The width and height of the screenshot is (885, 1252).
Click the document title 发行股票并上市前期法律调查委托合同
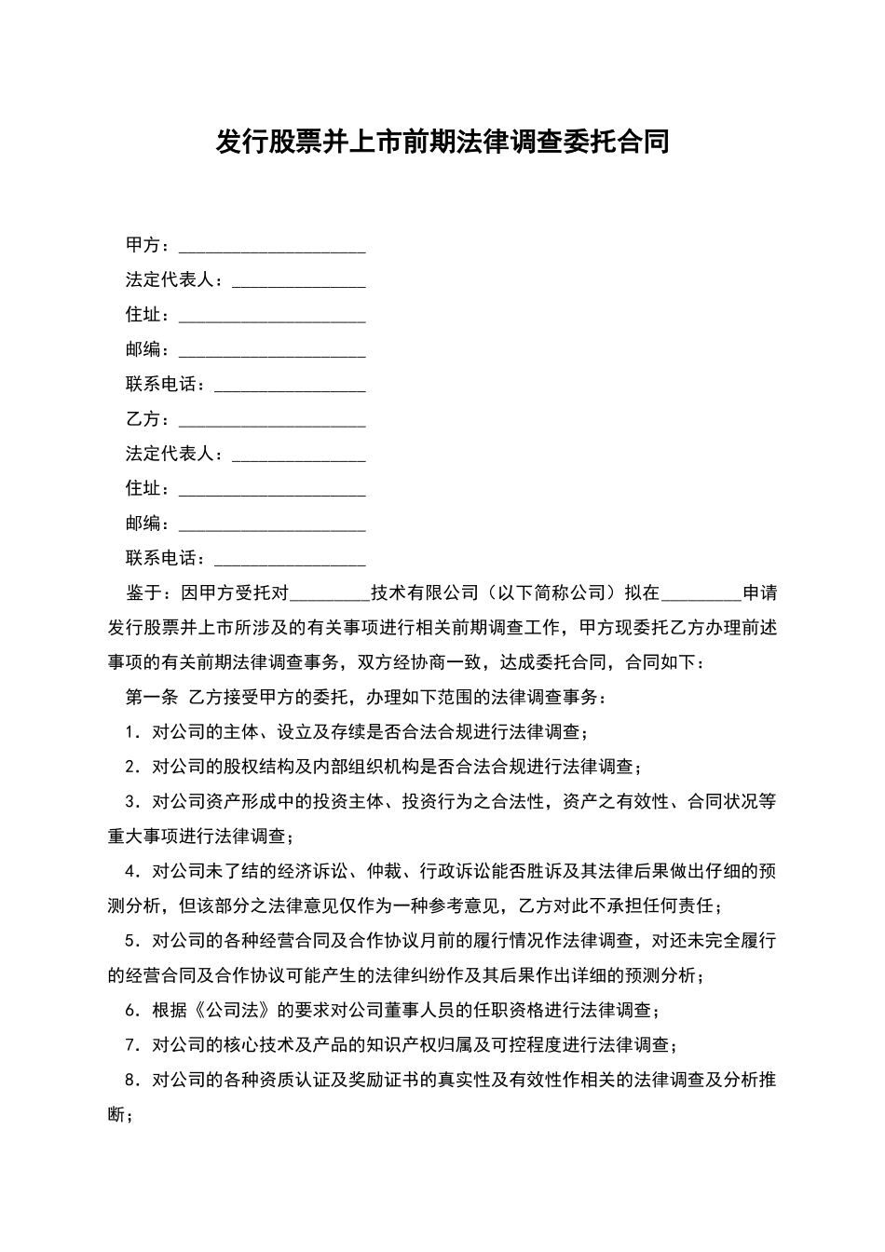point(442,143)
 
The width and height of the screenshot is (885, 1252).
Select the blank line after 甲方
point(272,247)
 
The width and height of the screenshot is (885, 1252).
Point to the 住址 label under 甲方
point(143,316)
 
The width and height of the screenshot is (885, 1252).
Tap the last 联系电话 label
point(162,559)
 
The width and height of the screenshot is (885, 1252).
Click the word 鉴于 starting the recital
point(143,593)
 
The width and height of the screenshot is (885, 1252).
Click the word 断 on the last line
point(116,1115)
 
